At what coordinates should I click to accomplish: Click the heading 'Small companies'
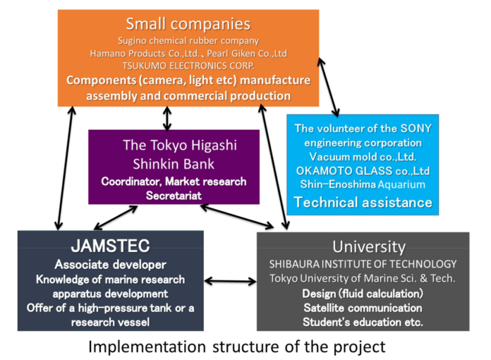188,24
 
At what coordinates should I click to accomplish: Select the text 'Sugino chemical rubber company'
188,41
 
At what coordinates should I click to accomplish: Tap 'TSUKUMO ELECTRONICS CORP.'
188,66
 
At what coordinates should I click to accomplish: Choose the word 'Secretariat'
174,195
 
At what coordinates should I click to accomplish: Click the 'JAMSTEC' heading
110,247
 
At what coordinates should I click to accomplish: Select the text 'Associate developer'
110,265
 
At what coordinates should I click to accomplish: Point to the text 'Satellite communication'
363,308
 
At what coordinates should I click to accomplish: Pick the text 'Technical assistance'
363,203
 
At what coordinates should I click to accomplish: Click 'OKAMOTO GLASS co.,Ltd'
363,171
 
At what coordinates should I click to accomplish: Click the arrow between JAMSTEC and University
230,281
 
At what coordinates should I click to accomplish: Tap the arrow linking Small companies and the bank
166,118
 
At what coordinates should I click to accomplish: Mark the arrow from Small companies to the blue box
328,86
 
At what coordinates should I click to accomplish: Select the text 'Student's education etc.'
363,323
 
